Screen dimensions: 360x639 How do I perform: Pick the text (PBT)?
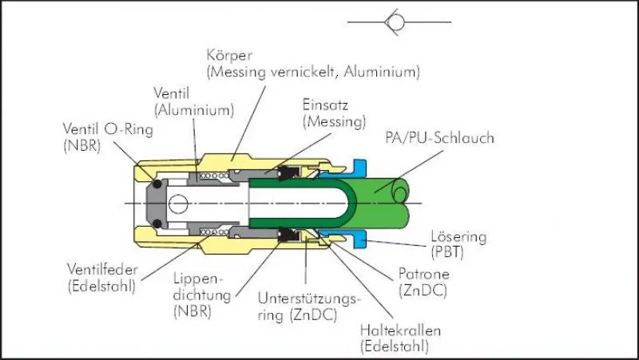point(450,252)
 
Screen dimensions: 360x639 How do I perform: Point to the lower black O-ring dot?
point(157,222)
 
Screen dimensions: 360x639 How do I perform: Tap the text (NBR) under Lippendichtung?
point(191,312)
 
